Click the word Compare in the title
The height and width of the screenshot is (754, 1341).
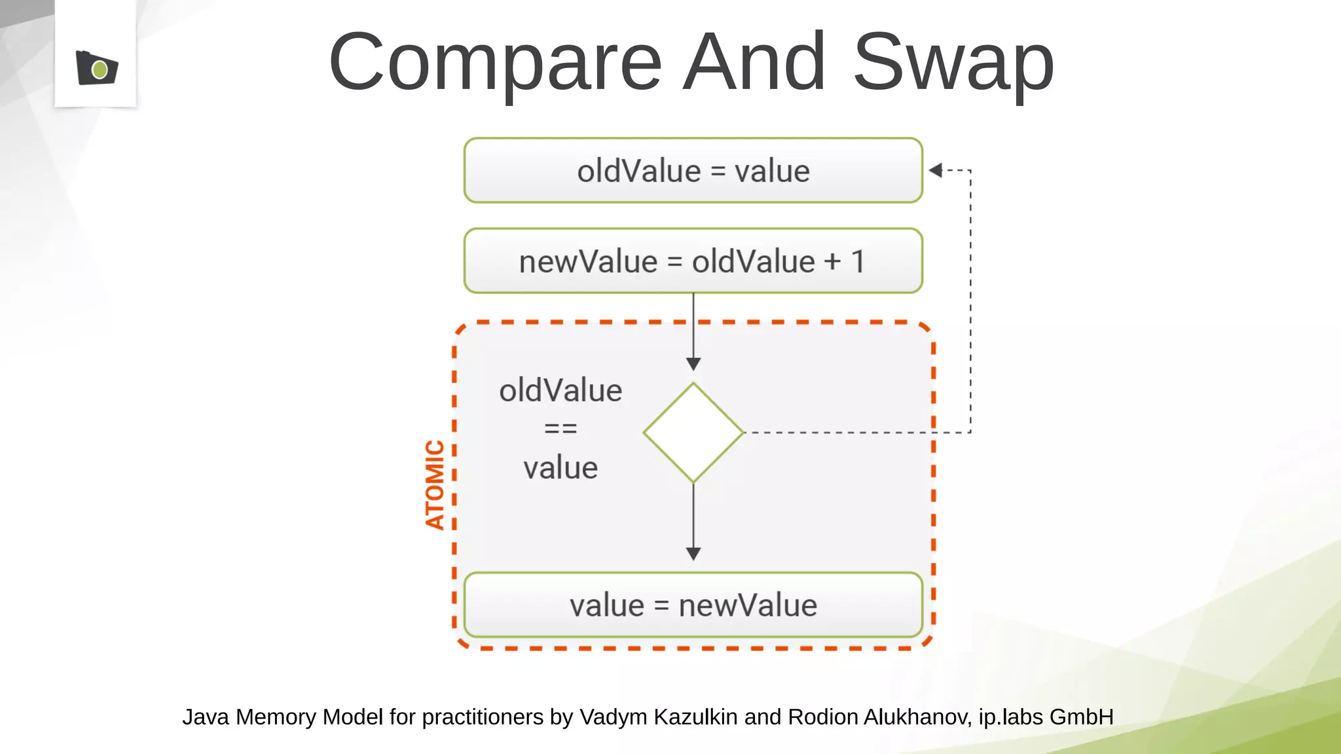[496, 63]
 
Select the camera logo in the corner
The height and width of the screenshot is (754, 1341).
[96, 67]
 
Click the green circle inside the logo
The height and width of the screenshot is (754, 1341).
[100, 69]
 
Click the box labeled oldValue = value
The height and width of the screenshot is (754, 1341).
[693, 171]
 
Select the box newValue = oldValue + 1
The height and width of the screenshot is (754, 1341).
[693, 261]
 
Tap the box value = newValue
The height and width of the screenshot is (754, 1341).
[693, 605]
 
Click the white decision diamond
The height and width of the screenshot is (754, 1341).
[693, 433]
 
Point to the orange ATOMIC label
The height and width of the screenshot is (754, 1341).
[435, 484]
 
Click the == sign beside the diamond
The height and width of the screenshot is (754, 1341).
[560, 429]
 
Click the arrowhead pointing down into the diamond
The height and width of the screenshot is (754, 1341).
[693, 364]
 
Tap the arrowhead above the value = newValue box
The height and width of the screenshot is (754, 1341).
[693, 554]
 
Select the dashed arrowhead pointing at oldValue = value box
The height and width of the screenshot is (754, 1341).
[936, 170]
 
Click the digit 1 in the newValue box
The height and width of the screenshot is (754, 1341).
[858, 262]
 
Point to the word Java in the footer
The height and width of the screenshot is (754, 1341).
[205, 717]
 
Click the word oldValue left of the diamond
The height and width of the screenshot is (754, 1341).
[560, 391]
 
